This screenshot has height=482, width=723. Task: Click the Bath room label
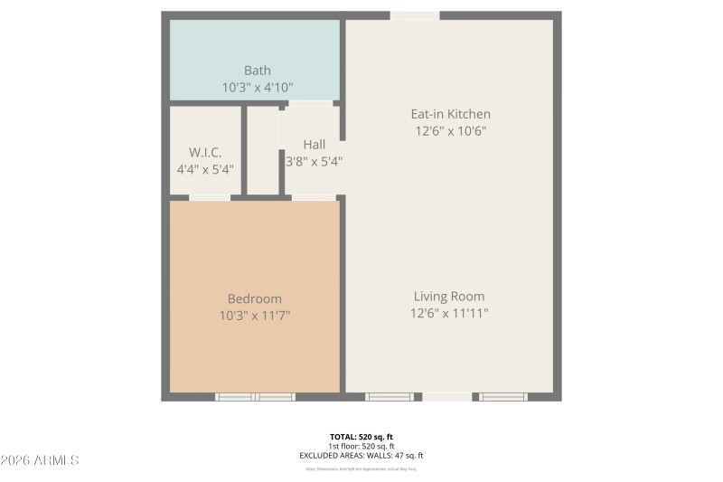(257, 71)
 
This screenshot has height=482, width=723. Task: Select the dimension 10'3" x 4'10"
(257, 88)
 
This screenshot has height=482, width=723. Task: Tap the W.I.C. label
(205, 152)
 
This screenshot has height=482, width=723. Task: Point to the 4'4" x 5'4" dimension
(205, 169)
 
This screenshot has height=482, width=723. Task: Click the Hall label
(314, 145)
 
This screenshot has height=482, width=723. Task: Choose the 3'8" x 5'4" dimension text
(314, 162)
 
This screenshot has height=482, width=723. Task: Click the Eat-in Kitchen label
(450, 114)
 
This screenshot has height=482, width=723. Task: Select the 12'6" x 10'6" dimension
(450, 131)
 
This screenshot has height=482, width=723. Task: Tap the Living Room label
(449, 297)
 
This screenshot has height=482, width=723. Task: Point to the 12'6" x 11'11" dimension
(449, 314)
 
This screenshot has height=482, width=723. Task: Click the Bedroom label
(254, 298)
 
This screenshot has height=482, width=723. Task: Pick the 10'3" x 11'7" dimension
(254, 316)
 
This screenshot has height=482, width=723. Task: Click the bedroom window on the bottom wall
(255, 396)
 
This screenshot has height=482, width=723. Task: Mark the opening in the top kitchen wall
(415, 15)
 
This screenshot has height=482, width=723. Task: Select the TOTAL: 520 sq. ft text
(361, 437)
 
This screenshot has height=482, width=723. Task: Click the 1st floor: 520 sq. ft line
(361, 447)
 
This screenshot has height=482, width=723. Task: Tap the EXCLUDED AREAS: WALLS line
(361, 456)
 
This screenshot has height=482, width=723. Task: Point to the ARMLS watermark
(40, 460)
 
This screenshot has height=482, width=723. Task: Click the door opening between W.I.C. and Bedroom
(209, 196)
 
